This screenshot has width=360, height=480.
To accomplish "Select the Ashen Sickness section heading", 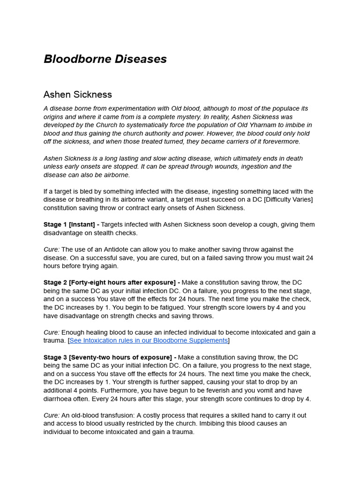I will (x=78, y=95).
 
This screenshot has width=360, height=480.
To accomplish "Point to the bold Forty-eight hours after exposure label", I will (x=123, y=282).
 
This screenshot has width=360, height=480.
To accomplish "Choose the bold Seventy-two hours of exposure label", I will (x=121, y=357).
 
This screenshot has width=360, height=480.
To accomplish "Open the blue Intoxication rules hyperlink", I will (x=149, y=340).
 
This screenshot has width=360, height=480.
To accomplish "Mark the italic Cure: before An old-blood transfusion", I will (x=52, y=415).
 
